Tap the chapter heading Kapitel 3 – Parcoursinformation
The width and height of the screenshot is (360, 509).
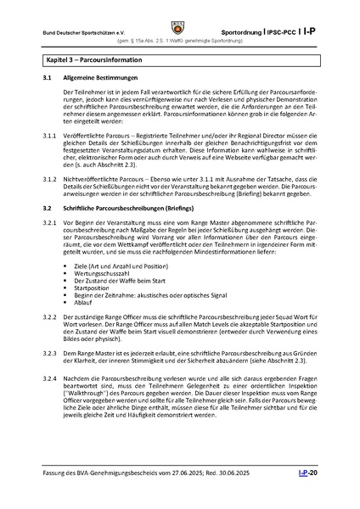[93, 61]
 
